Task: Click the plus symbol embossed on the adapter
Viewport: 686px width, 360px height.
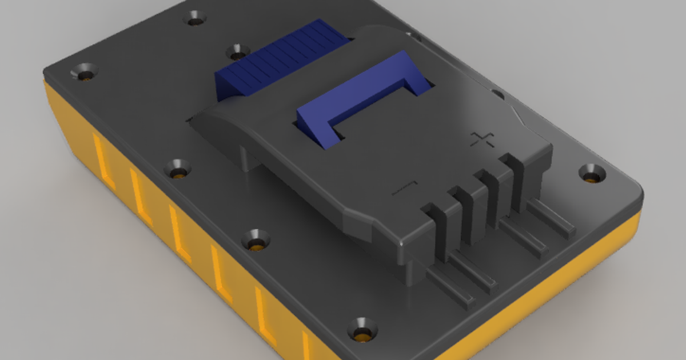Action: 481,139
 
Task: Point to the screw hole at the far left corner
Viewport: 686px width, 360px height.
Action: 84,73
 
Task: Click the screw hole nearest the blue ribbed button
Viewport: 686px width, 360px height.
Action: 236,53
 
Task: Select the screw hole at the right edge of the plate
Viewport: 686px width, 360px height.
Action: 591,172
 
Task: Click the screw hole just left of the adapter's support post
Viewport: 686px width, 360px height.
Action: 178,169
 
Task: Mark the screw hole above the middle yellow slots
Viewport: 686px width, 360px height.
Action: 256,239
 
